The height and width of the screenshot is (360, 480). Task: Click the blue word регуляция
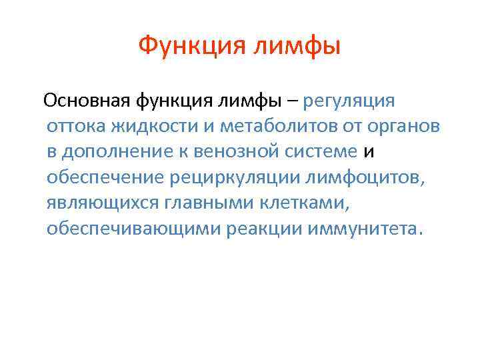click(349, 101)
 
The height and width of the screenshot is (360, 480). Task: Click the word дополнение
click(118, 152)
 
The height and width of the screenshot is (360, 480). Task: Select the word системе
click(325, 152)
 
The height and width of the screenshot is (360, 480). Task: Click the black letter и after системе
click(369, 152)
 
